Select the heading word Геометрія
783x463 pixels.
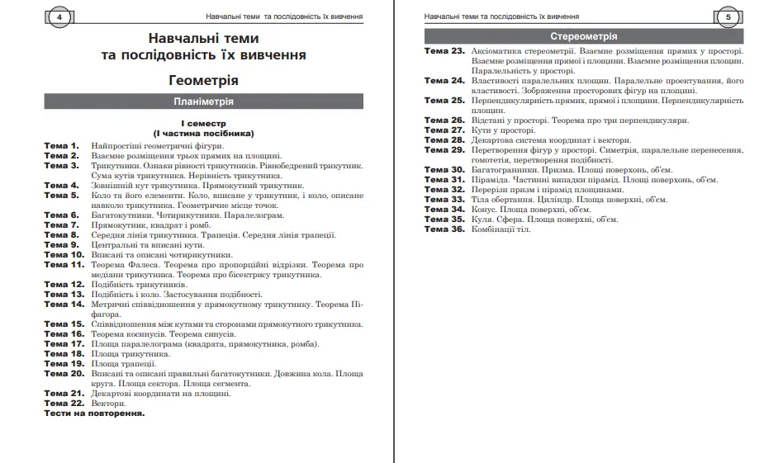[x=203, y=81]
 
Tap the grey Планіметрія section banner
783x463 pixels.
[x=203, y=102]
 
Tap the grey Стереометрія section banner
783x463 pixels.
[x=583, y=36]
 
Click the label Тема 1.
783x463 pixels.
[x=62, y=145]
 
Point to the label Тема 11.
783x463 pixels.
[x=64, y=265]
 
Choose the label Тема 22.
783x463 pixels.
[x=64, y=404]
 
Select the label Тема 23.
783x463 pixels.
[x=444, y=51]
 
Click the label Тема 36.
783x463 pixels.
[x=444, y=229]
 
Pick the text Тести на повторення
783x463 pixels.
[x=94, y=413]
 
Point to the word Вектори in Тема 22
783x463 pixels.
[x=109, y=404]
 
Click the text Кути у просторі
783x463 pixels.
[x=503, y=130]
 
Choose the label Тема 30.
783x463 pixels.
[x=444, y=169]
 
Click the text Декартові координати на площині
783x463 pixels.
[x=161, y=394]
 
